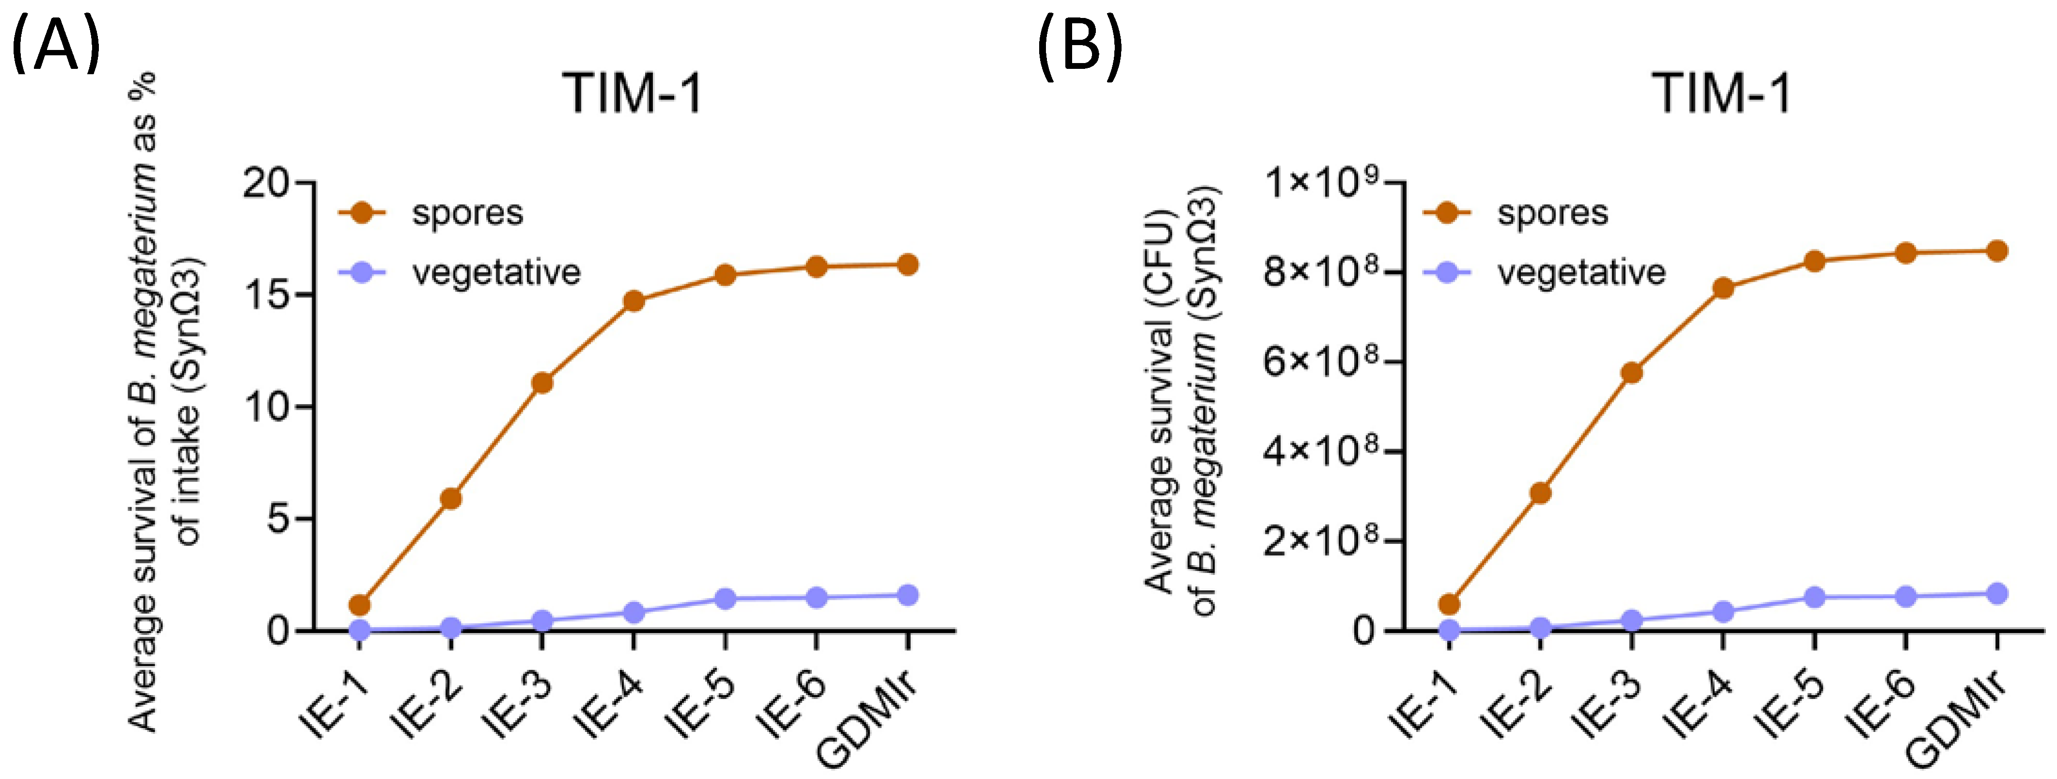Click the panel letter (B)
pyautogui.click(x=1079, y=47)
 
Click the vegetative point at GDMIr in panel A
pyautogui.click(x=907, y=595)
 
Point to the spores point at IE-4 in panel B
pyautogui.click(x=1723, y=288)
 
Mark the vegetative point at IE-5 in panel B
pyautogui.click(x=1814, y=597)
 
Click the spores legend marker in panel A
pyautogui.click(x=362, y=212)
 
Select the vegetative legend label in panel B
pyautogui.click(x=1581, y=273)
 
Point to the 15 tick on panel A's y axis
pyautogui.click(x=306, y=294)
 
